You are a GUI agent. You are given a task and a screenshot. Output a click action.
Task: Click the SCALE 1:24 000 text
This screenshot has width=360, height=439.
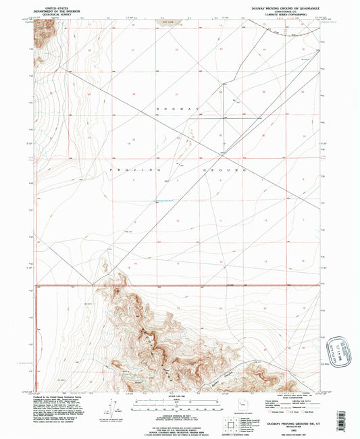pos(165,395)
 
